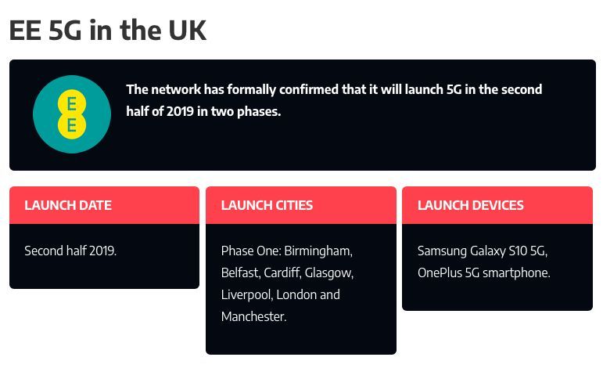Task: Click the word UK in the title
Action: [x=187, y=30]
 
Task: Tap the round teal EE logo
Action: [x=72, y=114]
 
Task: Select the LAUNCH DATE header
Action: [x=68, y=205]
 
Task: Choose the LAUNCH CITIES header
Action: [x=267, y=205]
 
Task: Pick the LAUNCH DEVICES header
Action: [x=471, y=205]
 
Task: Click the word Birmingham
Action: [x=318, y=251]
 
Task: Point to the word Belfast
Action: [x=241, y=272]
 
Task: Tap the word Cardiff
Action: [x=282, y=272]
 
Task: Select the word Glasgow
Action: [x=328, y=273]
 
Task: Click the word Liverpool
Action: [x=247, y=295]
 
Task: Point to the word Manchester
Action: [x=254, y=316]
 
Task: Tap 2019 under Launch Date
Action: [x=102, y=251]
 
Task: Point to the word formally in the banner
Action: [x=252, y=90]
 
